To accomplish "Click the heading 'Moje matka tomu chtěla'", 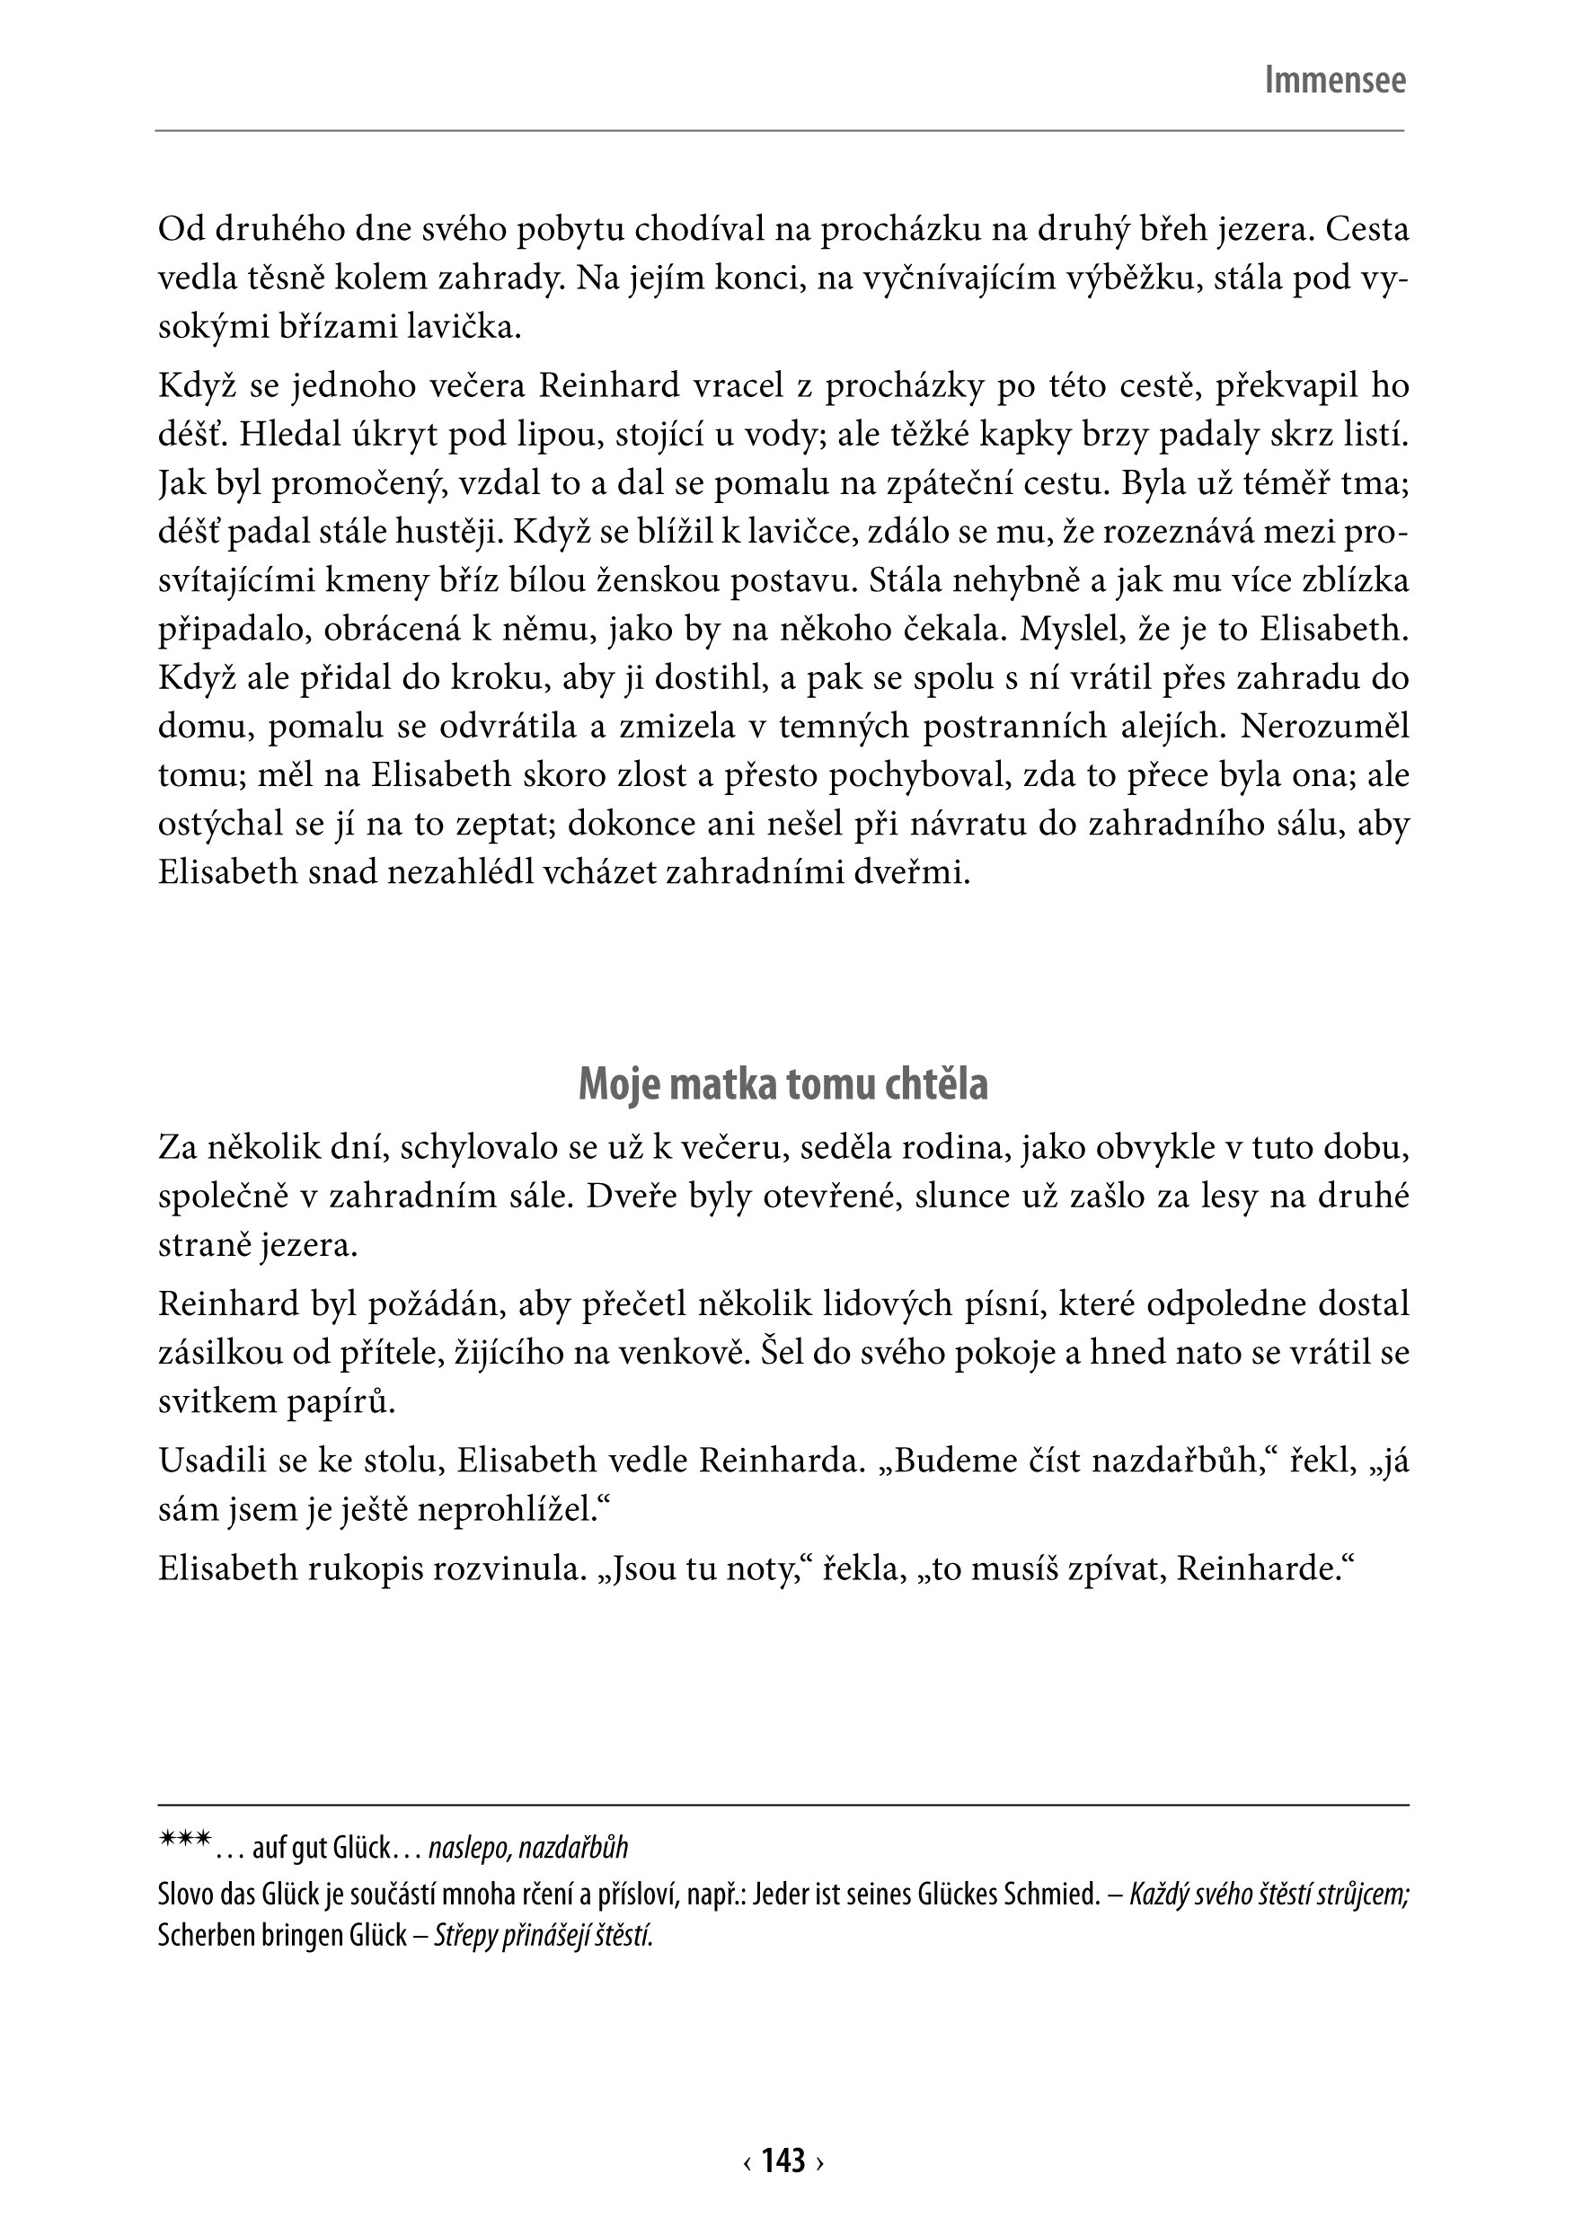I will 783,1084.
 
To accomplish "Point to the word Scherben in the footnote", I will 201,1935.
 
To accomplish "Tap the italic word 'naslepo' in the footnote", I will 464,1848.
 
